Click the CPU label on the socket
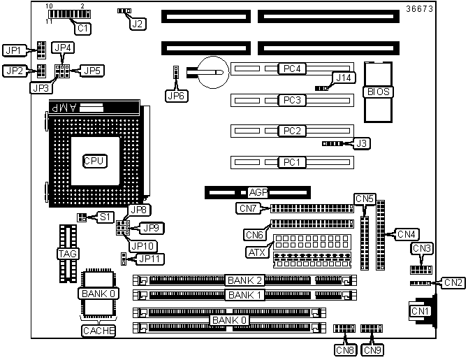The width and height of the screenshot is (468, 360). [94, 161]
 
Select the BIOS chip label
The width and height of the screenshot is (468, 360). [378, 92]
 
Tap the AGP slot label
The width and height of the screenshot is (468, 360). [258, 192]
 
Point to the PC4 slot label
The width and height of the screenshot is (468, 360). [292, 69]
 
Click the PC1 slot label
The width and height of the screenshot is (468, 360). [292, 162]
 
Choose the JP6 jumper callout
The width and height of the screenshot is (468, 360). [177, 96]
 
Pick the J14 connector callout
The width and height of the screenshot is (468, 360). [344, 78]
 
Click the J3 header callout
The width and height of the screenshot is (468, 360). [361, 143]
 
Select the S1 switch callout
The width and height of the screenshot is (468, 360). [105, 217]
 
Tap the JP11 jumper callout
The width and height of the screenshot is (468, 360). [149, 259]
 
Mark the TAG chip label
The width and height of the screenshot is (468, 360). [68, 254]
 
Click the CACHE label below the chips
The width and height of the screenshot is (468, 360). [98, 331]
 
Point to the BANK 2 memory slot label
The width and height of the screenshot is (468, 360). [244, 280]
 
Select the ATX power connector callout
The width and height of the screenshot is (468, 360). [256, 252]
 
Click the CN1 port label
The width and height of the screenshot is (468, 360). [420, 311]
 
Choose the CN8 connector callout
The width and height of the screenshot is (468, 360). [345, 350]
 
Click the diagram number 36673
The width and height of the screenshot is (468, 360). [419, 9]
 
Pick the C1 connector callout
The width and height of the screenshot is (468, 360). [82, 29]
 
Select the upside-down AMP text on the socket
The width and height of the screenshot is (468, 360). [64, 108]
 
